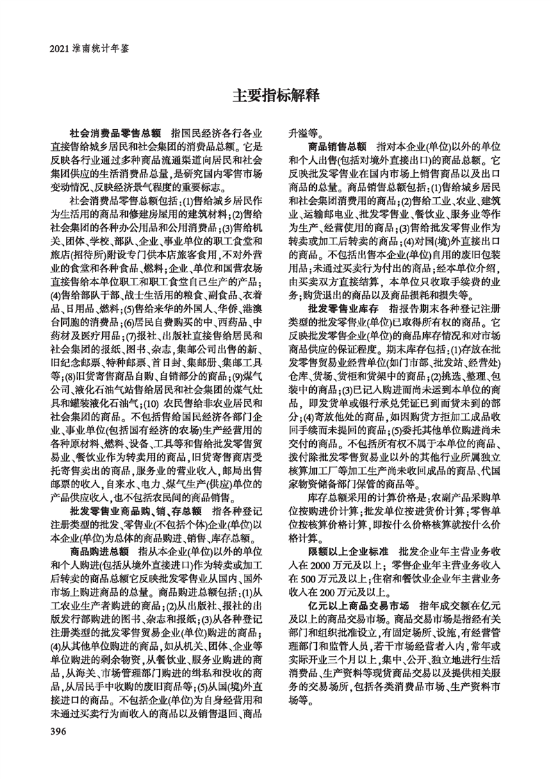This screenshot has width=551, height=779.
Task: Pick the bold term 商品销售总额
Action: click(338, 147)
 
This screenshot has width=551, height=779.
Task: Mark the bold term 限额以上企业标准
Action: click(348, 550)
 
